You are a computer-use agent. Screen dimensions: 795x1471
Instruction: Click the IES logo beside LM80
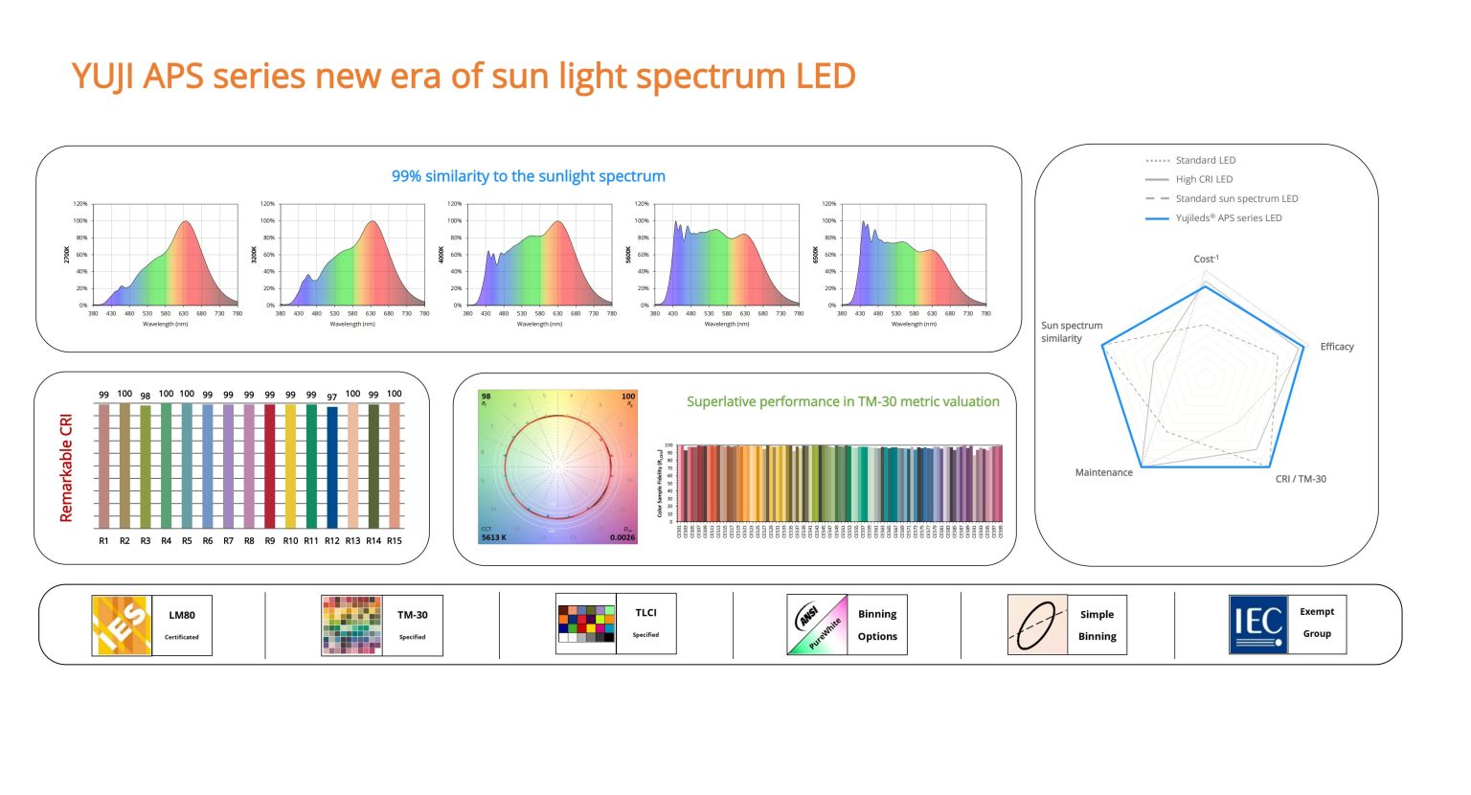[122, 625]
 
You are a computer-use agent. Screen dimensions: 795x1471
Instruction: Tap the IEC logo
[1258, 625]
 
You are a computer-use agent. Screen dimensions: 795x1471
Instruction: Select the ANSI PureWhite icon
[817, 625]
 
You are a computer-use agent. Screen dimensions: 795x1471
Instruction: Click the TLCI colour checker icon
[585, 624]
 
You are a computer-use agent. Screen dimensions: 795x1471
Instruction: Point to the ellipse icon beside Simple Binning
[1037, 625]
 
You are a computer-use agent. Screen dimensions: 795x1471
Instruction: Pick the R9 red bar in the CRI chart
[270, 466]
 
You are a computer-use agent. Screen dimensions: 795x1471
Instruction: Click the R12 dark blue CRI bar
[332, 467]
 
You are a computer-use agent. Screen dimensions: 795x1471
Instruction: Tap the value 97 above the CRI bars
[332, 397]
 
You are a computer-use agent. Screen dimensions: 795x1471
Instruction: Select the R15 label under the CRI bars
[395, 541]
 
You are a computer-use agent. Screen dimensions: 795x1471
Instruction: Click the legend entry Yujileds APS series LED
[1228, 218]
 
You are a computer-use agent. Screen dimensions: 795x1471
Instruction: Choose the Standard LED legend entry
[1205, 161]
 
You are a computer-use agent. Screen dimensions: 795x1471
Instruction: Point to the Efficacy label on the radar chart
[1337, 347]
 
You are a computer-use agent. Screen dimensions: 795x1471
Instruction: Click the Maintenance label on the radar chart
[1103, 473]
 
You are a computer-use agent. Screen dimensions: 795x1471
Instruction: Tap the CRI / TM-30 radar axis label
[1301, 479]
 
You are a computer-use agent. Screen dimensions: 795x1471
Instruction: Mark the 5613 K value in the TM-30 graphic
[494, 537]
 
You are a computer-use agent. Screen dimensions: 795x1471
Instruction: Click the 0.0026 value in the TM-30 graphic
[622, 537]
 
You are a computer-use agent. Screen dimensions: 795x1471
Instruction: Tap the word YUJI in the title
[104, 77]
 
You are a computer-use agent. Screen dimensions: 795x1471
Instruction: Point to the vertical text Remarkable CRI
[66, 467]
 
